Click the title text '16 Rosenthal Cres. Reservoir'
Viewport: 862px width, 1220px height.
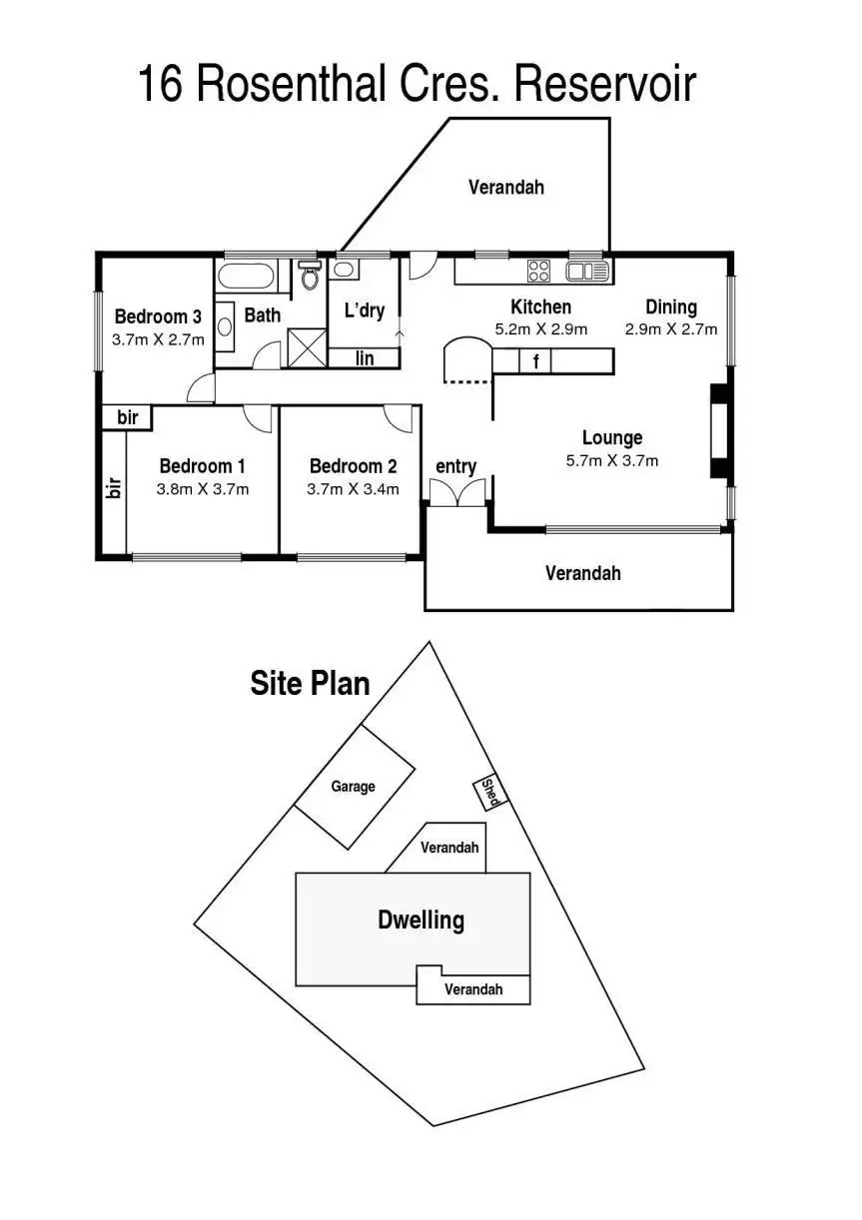416,86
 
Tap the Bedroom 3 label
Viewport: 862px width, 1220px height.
158,316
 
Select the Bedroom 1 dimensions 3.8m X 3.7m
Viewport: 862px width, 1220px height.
203,489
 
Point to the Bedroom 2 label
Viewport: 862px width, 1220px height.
353,465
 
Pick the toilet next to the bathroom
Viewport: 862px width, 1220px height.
309,274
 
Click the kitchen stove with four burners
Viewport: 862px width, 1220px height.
538,270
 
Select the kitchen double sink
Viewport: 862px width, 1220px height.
587,271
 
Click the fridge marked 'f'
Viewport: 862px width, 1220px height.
536,361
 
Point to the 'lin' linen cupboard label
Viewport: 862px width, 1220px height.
365,357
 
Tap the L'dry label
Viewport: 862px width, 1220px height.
364,310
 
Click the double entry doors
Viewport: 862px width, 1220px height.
456,493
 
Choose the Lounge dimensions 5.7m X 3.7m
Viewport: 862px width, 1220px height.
611,461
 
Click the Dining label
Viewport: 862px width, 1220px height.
670,306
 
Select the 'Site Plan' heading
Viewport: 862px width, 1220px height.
310,684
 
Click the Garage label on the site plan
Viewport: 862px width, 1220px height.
354,787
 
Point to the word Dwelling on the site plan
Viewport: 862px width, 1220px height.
421,919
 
